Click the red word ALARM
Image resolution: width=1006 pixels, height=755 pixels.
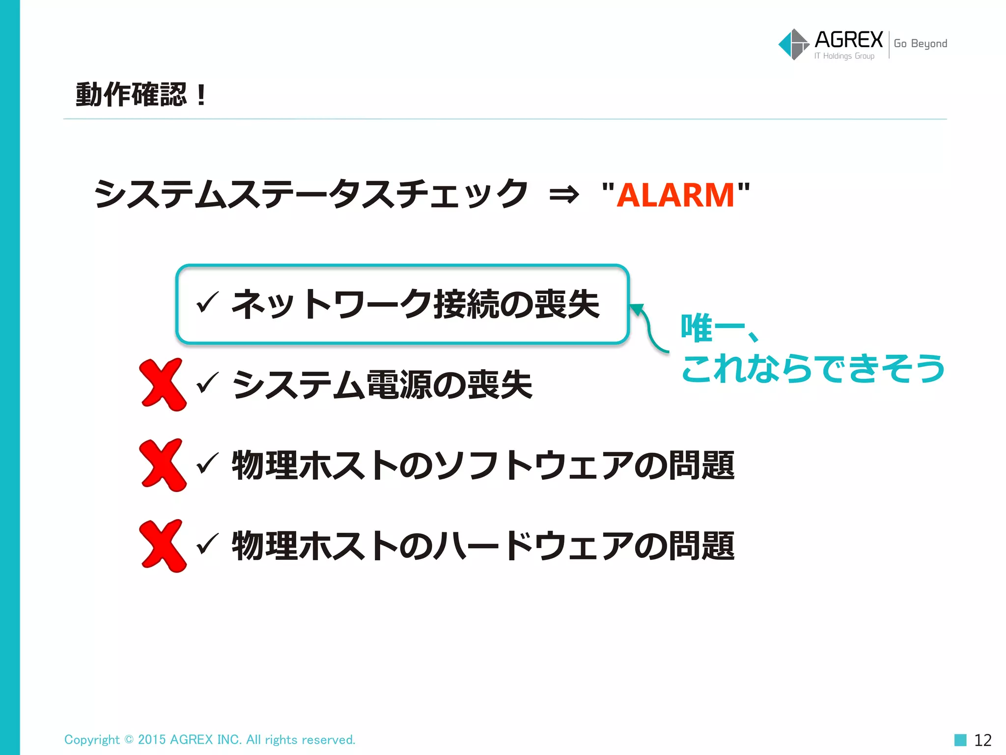coord(675,195)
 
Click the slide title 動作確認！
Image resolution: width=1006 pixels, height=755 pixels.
coord(141,94)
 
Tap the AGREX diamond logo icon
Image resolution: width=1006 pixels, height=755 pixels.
coord(793,44)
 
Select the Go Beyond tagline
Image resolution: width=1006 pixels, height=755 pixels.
coord(920,44)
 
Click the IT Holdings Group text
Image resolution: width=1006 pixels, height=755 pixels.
coord(844,56)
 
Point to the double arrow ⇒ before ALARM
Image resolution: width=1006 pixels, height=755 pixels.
coord(564,195)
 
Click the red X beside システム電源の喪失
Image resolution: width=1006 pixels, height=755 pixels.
coord(163,384)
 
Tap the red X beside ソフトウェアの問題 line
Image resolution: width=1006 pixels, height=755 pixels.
coord(163,465)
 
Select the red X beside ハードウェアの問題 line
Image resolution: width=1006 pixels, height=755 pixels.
coord(163,546)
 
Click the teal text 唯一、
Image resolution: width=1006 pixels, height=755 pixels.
coord(719,328)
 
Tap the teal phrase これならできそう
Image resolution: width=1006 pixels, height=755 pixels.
coord(813,369)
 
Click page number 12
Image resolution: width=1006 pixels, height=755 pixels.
coord(982,740)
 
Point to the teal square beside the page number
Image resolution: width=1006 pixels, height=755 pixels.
coord(960,740)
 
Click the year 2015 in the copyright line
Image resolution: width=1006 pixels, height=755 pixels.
coord(152,740)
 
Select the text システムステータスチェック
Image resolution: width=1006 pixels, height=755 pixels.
coord(311,194)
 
